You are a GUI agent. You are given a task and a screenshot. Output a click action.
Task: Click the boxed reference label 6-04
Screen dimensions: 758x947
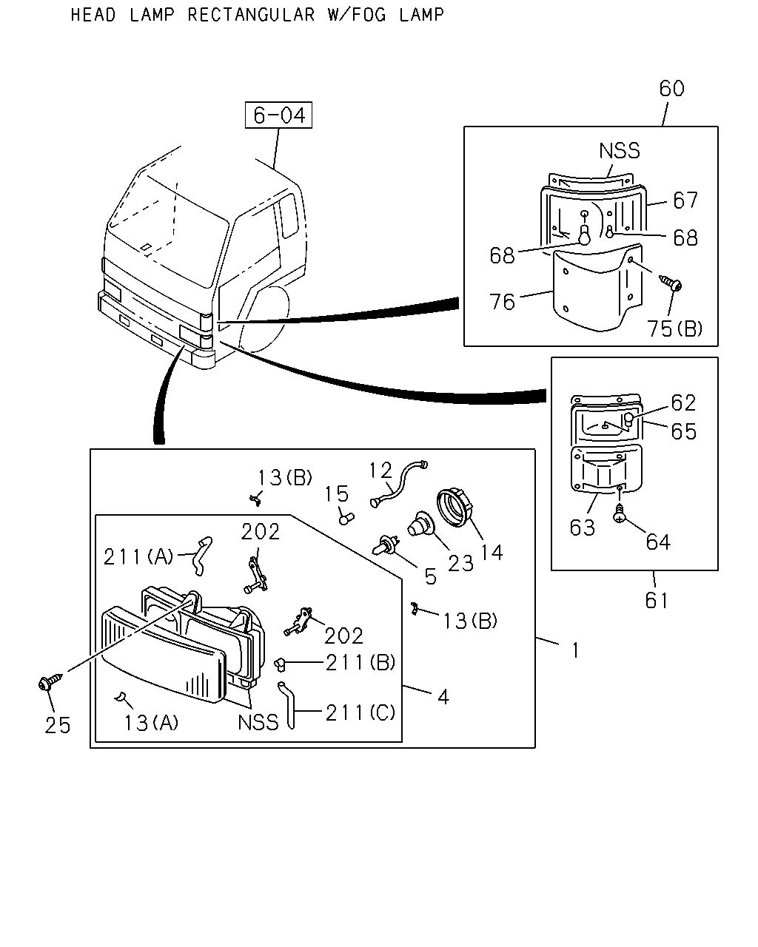(x=278, y=115)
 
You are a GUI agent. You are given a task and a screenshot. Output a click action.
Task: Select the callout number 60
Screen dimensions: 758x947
(x=671, y=89)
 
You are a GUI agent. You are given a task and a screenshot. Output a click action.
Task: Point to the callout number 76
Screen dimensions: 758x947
(x=502, y=302)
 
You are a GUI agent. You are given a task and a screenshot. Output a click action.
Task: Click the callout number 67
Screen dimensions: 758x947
(x=685, y=200)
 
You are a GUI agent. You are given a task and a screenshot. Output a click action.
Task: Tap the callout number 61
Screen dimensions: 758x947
(x=657, y=600)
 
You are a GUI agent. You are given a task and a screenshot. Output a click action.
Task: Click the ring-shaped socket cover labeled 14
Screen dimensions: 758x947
(x=454, y=508)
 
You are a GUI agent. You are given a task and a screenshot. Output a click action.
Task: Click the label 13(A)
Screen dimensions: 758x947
(x=151, y=723)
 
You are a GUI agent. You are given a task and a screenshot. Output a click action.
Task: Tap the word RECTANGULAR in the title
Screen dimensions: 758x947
(x=251, y=15)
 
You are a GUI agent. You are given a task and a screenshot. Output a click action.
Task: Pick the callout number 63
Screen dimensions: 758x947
(x=582, y=528)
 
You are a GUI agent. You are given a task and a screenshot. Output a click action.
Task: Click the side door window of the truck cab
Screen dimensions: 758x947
(x=289, y=215)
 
